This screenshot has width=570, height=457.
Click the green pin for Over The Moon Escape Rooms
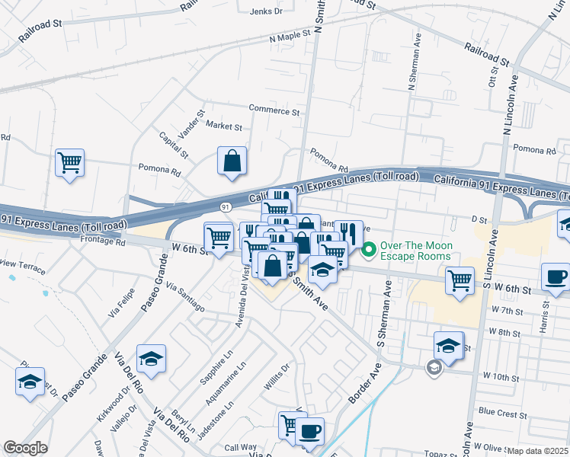[370, 250]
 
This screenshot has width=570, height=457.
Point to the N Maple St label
[290, 36]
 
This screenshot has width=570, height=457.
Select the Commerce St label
[274, 111]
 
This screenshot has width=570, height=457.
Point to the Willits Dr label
[279, 376]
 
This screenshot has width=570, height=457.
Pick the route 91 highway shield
[226, 206]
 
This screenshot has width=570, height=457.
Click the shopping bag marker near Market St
[232, 161]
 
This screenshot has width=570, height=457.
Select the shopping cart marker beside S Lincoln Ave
[460, 280]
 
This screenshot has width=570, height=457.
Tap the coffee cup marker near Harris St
[555, 276]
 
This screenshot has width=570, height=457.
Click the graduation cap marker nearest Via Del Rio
[151, 358]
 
